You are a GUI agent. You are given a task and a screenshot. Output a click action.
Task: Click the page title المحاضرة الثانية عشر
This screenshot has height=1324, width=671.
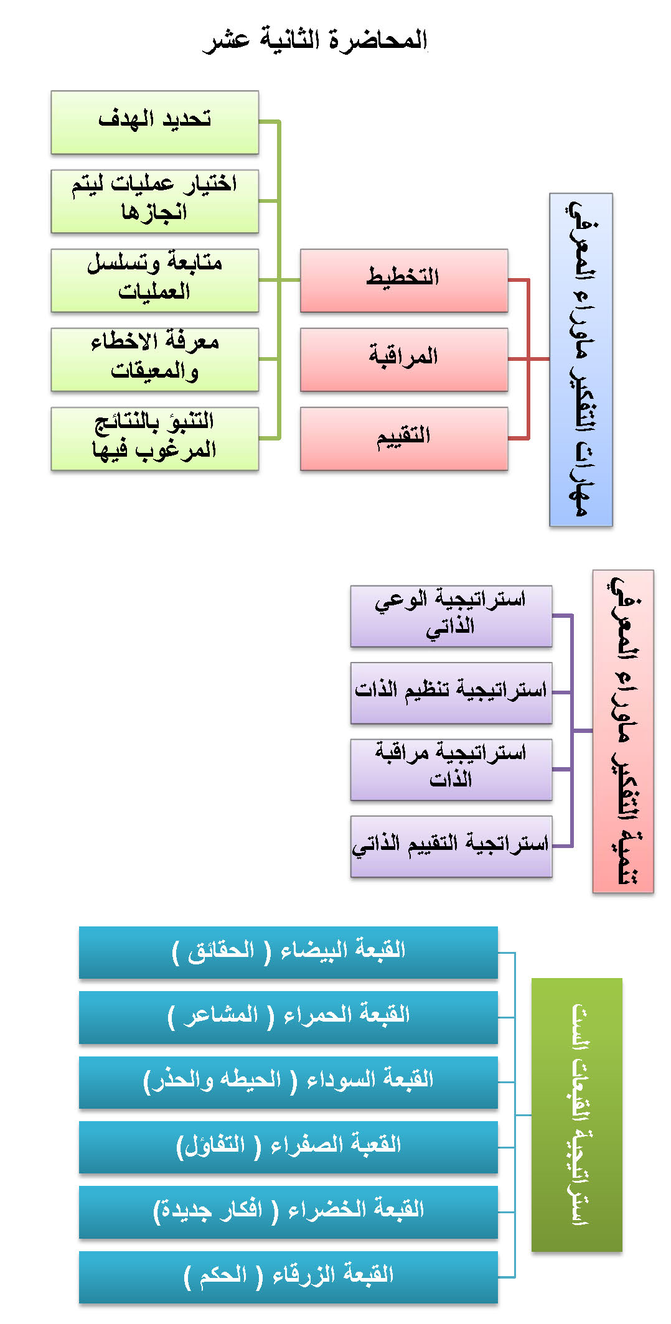(x=316, y=40)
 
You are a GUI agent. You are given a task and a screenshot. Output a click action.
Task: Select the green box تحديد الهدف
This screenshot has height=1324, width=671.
(x=155, y=123)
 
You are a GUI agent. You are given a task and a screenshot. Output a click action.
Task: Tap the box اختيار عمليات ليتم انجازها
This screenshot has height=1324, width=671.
(x=155, y=202)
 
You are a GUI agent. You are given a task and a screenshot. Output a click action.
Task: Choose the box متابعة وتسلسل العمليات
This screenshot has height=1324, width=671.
(x=155, y=281)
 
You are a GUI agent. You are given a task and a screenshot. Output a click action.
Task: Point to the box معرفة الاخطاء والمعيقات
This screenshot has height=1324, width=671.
(x=155, y=360)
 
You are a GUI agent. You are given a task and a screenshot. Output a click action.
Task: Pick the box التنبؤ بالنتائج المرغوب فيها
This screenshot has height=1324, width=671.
(x=155, y=439)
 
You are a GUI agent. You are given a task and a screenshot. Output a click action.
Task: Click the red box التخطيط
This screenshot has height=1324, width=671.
(x=404, y=281)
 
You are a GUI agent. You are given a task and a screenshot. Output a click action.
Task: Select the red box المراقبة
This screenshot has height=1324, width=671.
(x=404, y=360)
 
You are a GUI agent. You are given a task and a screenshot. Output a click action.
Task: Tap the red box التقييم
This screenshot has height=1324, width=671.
(x=404, y=439)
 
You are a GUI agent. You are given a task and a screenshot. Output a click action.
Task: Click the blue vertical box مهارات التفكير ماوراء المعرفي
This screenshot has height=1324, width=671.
(x=581, y=360)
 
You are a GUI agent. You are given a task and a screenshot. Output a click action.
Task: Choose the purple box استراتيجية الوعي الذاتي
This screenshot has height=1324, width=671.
(x=451, y=616)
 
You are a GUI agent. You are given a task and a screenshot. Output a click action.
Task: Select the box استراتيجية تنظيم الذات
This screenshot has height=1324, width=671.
(x=451, y=693)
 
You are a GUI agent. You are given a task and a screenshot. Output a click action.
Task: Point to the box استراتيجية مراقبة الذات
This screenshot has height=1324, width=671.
(x=451, y=770)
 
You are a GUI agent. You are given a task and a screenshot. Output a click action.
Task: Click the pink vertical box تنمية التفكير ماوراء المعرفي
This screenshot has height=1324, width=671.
(x=623, y=731)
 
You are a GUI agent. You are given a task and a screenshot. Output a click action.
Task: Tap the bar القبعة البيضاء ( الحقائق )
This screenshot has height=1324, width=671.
(x=288, y=953)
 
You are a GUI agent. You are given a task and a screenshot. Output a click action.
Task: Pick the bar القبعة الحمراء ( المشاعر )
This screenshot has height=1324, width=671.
(x=288, y=1017)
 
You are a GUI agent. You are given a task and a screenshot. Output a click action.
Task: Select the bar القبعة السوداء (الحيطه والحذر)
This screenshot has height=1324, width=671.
(x=288, y=1082)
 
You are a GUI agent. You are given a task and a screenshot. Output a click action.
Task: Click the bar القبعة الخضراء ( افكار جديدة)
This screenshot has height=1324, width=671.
(x=288, y=1212)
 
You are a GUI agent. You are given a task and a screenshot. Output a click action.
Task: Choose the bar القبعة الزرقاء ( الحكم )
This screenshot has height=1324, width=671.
(x=288, y=1277)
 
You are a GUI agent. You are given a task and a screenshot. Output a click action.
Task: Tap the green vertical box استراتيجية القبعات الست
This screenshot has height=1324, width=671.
(x=577, y=1115)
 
